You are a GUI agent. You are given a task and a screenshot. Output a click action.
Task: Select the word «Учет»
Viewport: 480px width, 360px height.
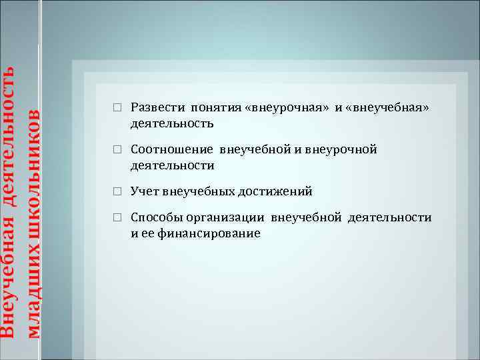pos(144,192)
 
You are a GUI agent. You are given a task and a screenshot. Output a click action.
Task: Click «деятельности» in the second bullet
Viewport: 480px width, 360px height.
pos(172,165)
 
